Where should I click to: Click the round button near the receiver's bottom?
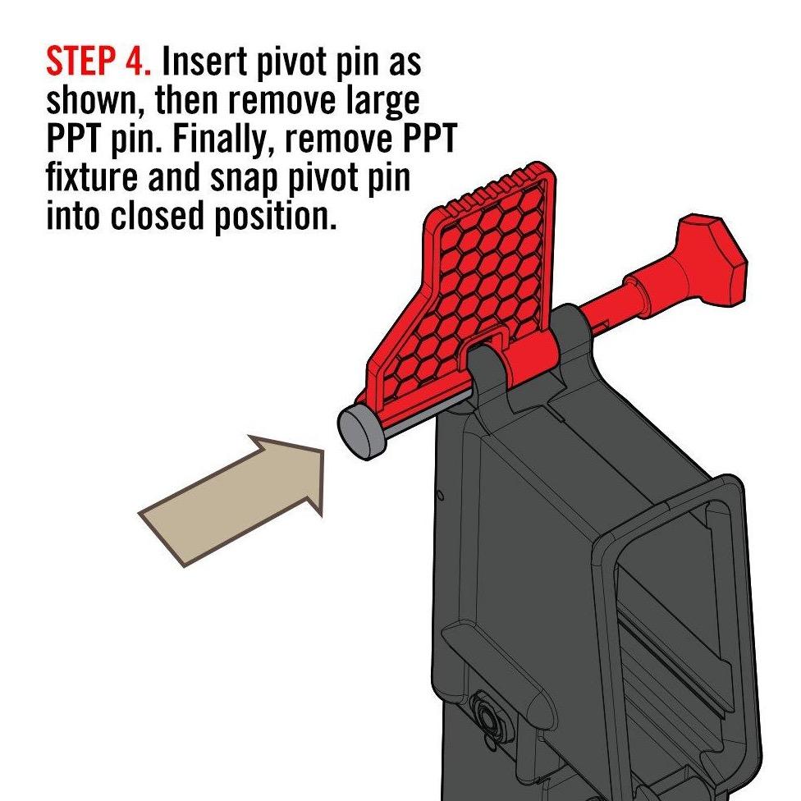pyautogui.click(x=487, y=713)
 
